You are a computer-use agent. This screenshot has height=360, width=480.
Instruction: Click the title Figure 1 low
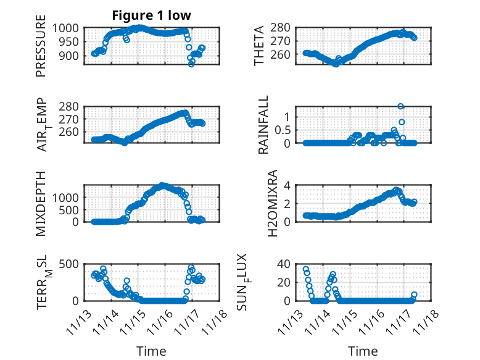pyautogui.click(x=152, y=15)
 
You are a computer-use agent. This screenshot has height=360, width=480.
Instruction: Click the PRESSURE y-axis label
pyautogui.click(x=41, y=50)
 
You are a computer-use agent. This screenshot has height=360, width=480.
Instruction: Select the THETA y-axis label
pyautogui.click(x=260, y=45)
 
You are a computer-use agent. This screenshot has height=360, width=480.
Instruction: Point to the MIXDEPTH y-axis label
pyautogui.click(x=41, y=203)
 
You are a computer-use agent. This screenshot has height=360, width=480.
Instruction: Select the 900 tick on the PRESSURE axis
pyautogui.click(x=68, y=56)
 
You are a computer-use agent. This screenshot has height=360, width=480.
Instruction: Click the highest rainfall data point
pyautogui.click(x=401, y=107)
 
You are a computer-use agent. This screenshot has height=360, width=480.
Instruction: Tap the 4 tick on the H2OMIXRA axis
pyautogui.click(x=286, y=185)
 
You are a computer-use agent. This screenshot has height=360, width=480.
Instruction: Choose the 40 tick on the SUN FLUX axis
pyautogui.click(x=283, y=264)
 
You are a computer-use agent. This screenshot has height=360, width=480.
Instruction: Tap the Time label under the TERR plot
pyautogui.click(x=151, y=351)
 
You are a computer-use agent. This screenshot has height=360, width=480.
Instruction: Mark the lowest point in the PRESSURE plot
pyautogui.click(x=191, y=64)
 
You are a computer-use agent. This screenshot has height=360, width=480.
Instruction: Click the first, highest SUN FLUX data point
pyautogui.click(x=306, y=269)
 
